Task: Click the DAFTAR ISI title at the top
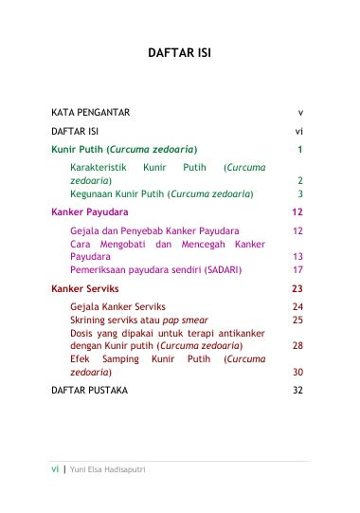179,53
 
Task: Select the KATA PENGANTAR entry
90,112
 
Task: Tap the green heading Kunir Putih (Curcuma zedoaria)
124,149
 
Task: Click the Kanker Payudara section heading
90,211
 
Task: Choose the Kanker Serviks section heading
85,288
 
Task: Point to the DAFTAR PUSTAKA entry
94,390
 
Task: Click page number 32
297,390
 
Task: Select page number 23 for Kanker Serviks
297,288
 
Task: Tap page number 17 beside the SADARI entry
297,269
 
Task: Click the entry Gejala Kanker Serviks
118,307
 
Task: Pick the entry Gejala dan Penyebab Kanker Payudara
154,230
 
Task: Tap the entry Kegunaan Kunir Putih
162,192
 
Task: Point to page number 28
297,346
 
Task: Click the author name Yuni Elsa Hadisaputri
107,469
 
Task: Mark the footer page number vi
55,469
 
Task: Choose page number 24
297,307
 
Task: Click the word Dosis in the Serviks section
83,333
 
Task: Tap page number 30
297,373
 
